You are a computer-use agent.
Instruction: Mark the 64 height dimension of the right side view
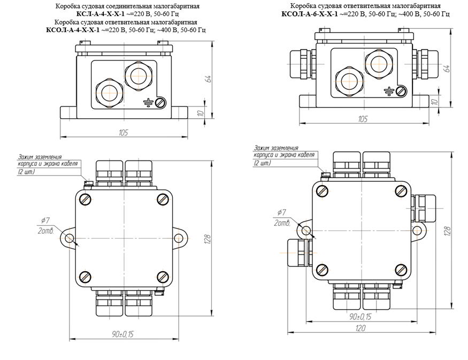[x=447, y=68]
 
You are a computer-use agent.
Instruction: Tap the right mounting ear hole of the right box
[x=420, y=231]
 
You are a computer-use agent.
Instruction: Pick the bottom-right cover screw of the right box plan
[x=401, y=269]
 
